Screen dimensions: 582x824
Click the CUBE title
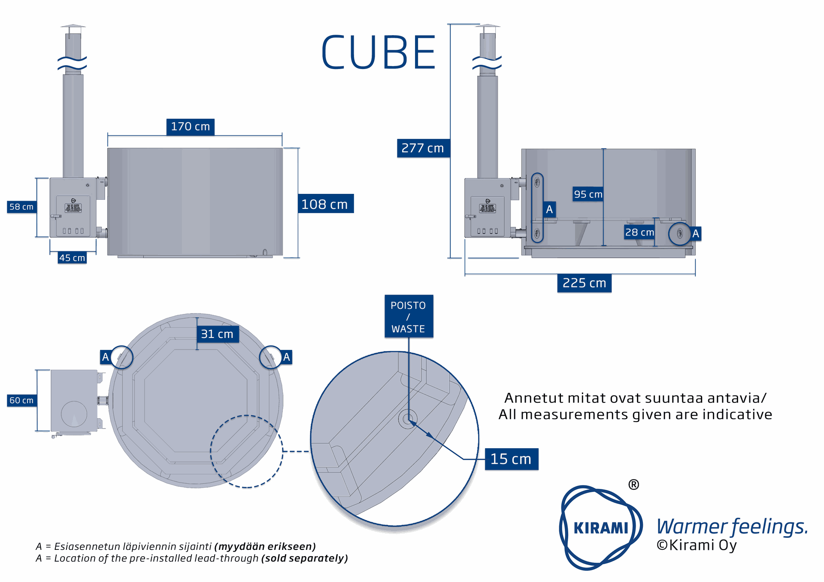pyautogui.click(x=379, y=53)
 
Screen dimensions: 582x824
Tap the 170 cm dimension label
pyautogui.click(x=190, y=127)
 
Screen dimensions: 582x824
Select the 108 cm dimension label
pyautogui.click(x=325, y=204)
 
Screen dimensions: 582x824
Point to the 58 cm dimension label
pyautogui.click(x=21, y=207)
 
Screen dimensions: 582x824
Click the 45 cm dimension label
pyautogui.click(x=72, y=258)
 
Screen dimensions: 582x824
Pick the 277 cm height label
pyautogui.click(x=423, y=148)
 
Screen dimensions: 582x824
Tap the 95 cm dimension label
pyautogui.click(x=588, y=194)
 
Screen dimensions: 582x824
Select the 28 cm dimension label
pyautogui.click(x=639, y=232)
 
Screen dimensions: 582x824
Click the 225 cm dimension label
pyautogui.click(x=584, y=283)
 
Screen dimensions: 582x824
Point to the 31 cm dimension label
pyautogui.click(x=217, y=334)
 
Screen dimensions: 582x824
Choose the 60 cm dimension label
pyautogui.click(x=21, y=400)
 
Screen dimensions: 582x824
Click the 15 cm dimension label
pyautogui.click(x=511, y=459)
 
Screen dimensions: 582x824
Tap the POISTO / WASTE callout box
pyautogui.click(x=408, y=317)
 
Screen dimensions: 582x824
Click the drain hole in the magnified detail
pyautogui.click(x=408, y=419)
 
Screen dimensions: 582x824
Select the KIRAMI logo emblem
pyautogui.click(x=600, y=528)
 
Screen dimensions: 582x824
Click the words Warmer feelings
pyautogui.click(x=732, y=526)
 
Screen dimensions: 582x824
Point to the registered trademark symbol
pyautogui.click(x=633, y=485)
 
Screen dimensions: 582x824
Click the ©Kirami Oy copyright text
pyautogui.click(x=696, y=545)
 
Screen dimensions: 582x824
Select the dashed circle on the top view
pyautogui.click(x=247, y=451)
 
